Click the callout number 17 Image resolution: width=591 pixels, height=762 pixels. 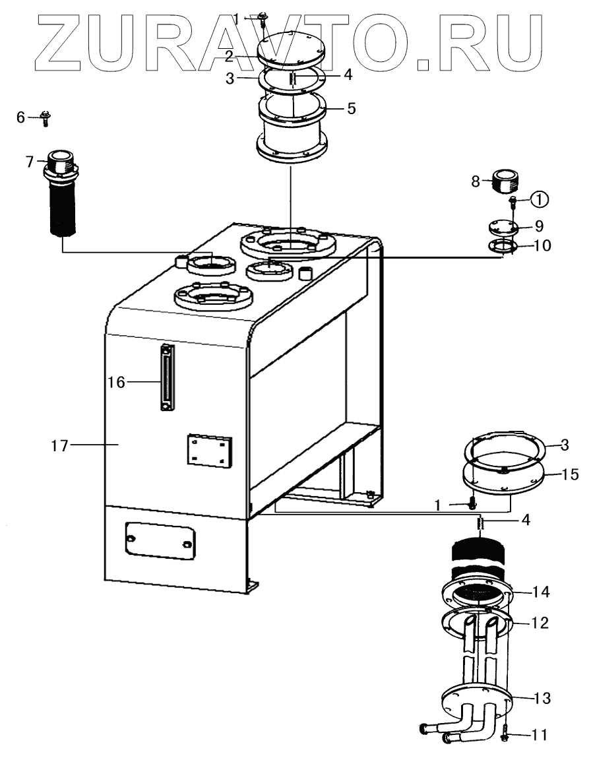click(x=60, y=445)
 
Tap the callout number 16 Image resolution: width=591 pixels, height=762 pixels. click(x=117, y=383)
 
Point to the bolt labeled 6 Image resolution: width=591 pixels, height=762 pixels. click(x=46, y=118)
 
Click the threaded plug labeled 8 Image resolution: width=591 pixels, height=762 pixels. click(x=506, y=181)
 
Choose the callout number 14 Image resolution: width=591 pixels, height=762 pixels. click(x=540, y=592)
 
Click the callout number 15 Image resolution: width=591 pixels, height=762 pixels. click(x=570, y=474)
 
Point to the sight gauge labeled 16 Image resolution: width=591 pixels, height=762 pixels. click(x=167, y=377)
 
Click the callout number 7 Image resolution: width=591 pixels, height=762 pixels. click(x=30, y=162)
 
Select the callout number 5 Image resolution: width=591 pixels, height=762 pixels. click(x=351, y=108)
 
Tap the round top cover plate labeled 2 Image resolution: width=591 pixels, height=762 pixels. click(x=291, y=49)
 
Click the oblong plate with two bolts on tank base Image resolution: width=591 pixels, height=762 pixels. click(x=160, y=541)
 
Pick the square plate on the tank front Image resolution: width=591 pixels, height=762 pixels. click(x=210, y=450)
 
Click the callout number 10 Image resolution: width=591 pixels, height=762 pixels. click(x=542, y=245)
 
